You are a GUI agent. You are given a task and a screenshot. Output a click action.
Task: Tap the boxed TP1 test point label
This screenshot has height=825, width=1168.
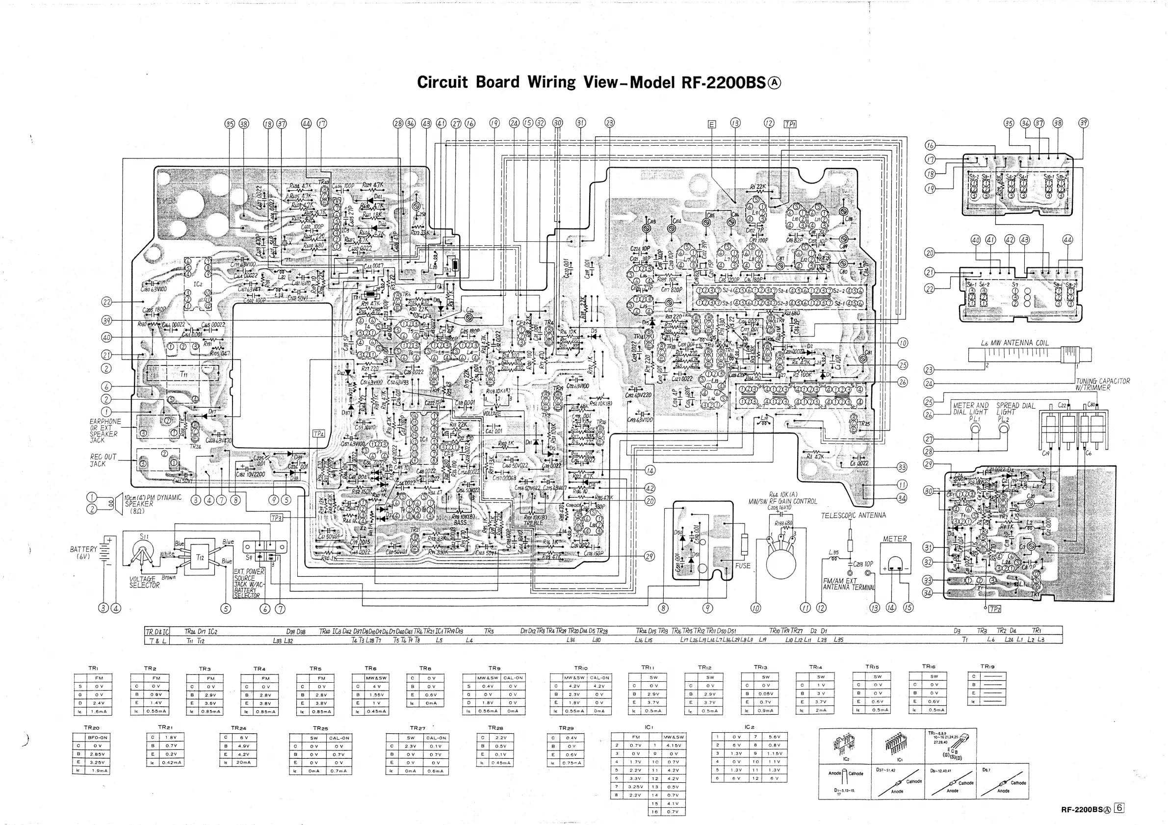click(x=789, y=124)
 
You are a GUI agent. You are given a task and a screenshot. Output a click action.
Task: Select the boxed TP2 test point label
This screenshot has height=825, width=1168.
click(x=994, y=609)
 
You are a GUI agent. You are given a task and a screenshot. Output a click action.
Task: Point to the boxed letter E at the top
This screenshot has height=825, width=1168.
click(x=712, y=124)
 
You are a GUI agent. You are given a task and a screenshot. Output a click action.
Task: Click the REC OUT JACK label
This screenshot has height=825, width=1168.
click(x=104, y=460)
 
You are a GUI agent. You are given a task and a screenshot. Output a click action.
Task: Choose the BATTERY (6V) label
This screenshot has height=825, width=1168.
click(x=83, y=553)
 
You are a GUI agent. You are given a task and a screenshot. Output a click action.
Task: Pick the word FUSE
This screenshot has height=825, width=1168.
click(x=743, y=566)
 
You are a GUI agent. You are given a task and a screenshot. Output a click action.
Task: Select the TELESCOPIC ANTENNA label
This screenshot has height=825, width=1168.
click(x=853, y=515)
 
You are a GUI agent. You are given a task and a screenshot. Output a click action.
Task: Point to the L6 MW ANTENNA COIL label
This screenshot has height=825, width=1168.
click(x=1015, y=343)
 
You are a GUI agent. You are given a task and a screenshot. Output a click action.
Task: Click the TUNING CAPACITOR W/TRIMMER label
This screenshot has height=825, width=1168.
click(x=1102, y=384)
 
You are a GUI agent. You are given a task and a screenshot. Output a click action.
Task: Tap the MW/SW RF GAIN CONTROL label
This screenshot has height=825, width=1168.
click(x=782, y=501)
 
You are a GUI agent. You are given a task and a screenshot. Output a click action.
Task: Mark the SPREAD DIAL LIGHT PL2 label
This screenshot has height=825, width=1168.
click(x=1015, y=412)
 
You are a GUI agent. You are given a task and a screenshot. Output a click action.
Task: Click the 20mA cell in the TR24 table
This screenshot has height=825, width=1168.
click(x=241, y=762)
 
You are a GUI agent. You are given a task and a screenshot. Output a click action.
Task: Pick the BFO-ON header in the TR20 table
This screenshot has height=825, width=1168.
click(x=98, y=737)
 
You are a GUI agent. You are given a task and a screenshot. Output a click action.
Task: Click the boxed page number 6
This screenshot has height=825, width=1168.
click(x=1119, y=808)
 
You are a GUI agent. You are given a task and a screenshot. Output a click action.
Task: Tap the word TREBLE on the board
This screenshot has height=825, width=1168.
click(x=533, y=523)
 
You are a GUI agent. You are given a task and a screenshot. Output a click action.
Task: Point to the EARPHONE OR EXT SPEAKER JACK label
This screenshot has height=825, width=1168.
click(x=105, y=431)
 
